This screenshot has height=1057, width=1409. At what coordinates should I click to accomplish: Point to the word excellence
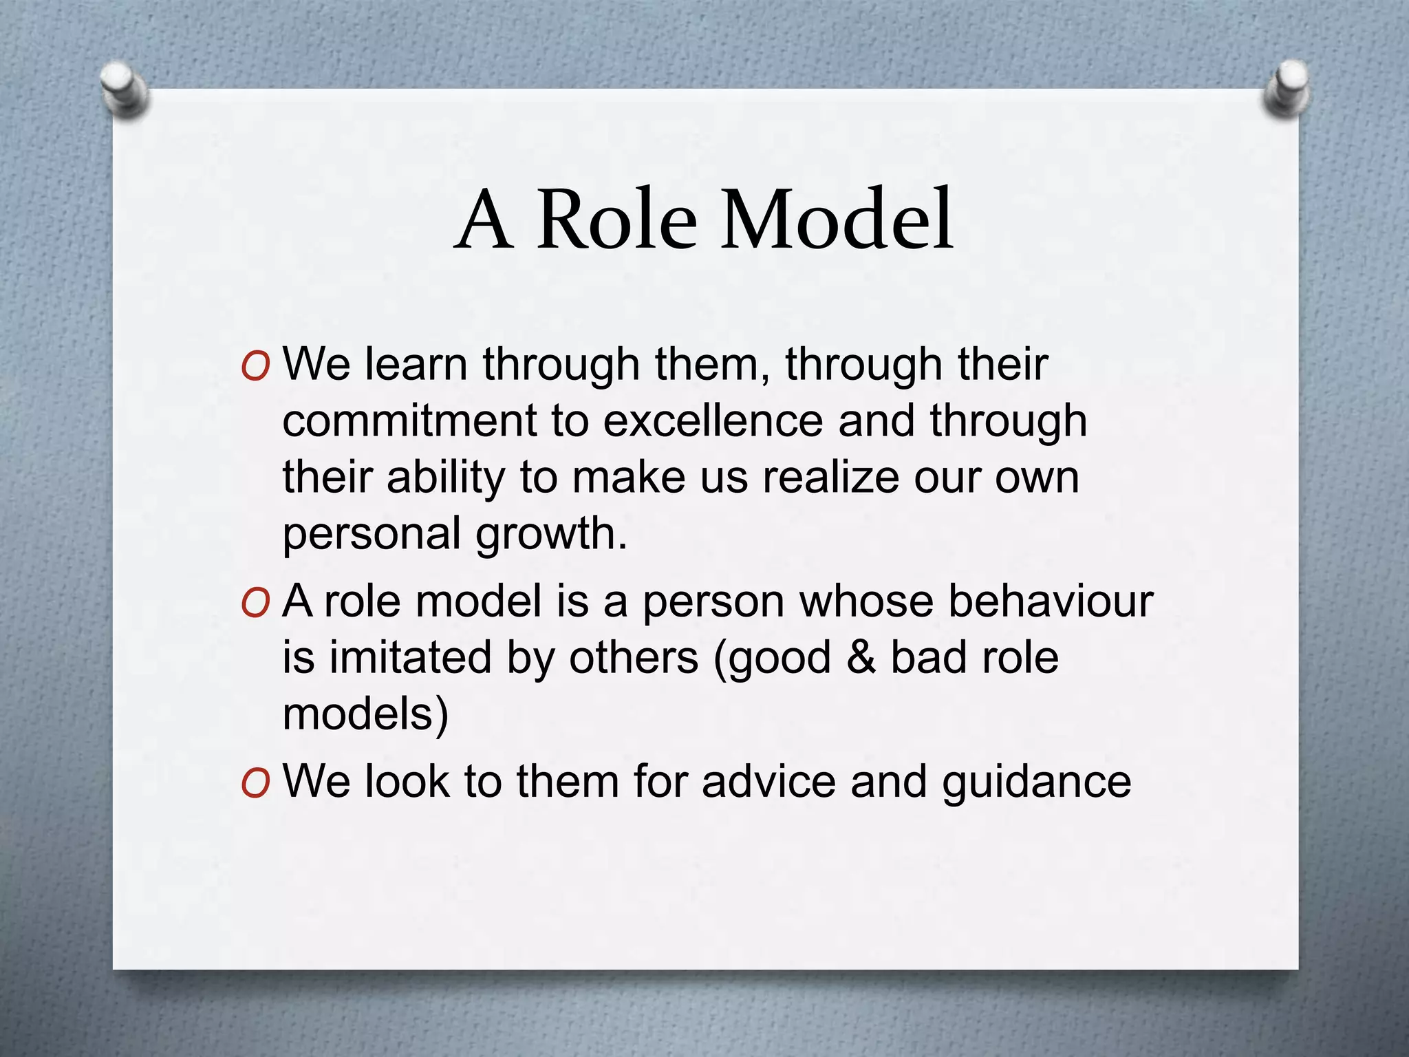click(713, 420)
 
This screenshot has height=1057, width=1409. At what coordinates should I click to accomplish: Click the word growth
click(551, 535)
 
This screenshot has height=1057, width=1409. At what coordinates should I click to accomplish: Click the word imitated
click(410, 657)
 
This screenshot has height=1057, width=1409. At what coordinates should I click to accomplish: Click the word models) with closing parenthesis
click(365, 714)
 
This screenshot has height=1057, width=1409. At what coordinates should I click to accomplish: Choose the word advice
click(768, 782)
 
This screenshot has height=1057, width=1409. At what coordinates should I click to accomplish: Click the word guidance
click(1036, 783)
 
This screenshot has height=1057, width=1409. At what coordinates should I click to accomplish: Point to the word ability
click(445, 478)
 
